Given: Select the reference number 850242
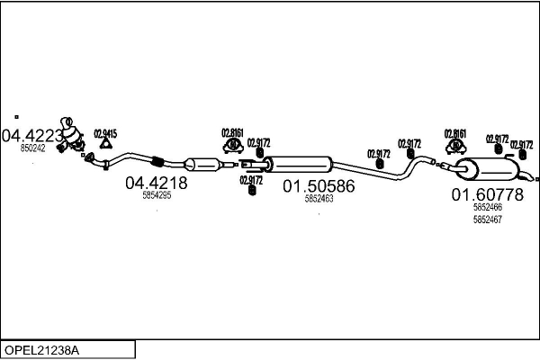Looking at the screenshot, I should (32, 148).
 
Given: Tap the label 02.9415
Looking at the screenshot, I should (105, 133).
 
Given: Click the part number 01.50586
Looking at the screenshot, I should (319, 186).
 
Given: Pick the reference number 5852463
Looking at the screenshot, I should (319, 199).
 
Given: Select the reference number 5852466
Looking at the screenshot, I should (487, 207).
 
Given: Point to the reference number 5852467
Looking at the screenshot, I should (487, 219).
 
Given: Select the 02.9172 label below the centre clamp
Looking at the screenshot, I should (251, 179).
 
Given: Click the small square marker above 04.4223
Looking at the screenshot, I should (16, 116).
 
